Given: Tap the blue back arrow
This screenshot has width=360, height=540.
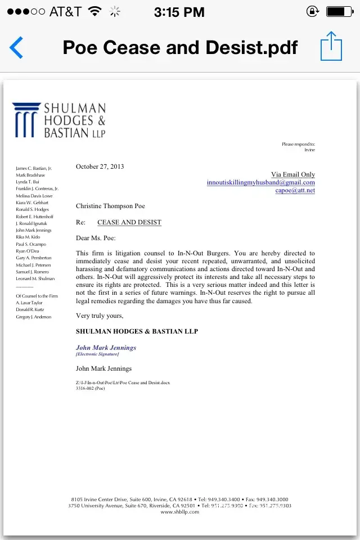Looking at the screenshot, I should pos(16,47).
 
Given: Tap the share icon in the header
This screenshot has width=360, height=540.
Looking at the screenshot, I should pos(331,46).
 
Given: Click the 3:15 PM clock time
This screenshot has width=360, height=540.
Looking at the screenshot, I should pos(179,11).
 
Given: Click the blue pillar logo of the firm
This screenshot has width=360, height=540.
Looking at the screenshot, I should pos(26,119).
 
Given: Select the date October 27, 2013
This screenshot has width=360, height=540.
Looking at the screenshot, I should pos(100,166).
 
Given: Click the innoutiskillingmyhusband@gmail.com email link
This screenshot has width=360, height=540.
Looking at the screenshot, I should pos(260,182).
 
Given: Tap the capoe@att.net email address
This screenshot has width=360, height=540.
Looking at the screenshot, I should pos(295,190).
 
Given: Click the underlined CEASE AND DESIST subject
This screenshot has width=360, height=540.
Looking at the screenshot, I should pos(129,222).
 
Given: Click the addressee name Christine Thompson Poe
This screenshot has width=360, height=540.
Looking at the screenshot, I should pos(110,206).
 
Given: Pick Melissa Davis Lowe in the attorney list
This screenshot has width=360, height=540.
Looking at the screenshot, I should pos(34,196).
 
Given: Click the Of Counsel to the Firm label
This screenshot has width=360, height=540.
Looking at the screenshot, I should pos(37,296).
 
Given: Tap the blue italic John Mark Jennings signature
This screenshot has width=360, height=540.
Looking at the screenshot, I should pos(106,348).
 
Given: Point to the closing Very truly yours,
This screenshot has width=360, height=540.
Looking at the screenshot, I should pos(100,316).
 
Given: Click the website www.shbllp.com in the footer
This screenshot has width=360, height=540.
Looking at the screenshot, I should pos(179,512).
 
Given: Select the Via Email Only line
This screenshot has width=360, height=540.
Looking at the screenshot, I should pos(293,174).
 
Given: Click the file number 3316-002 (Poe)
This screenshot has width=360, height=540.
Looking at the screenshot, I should pos(91,388).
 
